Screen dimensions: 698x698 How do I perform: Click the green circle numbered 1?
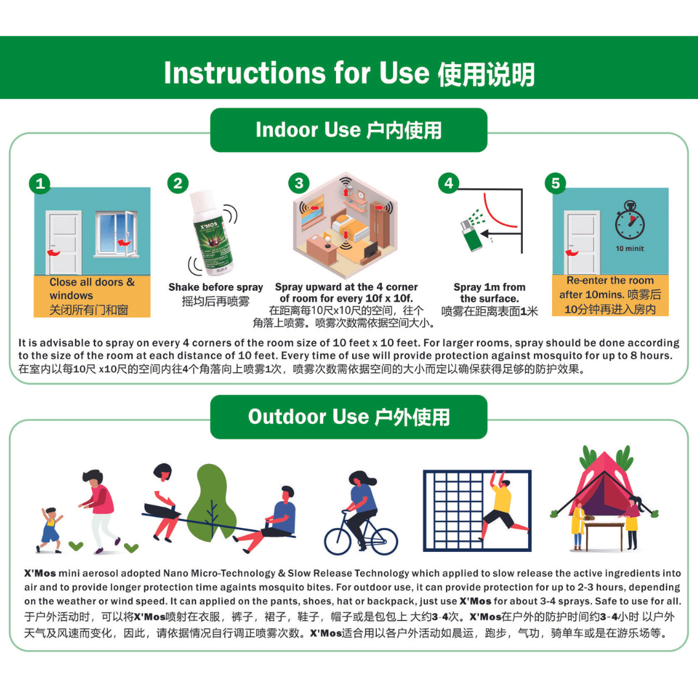(40, 184)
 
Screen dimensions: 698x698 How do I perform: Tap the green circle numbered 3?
(299, 183)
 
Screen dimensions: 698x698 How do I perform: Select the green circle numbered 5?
(556, 183)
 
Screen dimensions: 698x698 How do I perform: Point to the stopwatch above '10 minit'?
(630, 221)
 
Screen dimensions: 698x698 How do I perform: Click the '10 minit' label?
(630, 248)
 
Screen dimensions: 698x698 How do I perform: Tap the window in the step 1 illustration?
(116, 234)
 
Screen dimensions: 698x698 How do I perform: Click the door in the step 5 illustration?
(582, 242)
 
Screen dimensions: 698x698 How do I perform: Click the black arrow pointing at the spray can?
(501, 233)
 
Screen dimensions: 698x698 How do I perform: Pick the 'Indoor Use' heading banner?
(348, 130)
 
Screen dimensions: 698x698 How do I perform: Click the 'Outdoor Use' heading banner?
(348, 417)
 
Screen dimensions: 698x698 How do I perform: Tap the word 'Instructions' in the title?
(244, 72)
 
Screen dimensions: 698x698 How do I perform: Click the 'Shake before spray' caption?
(215, 287)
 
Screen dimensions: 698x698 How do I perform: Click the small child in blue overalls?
(50, 530)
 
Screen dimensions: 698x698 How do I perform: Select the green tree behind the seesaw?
(212, 502)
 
